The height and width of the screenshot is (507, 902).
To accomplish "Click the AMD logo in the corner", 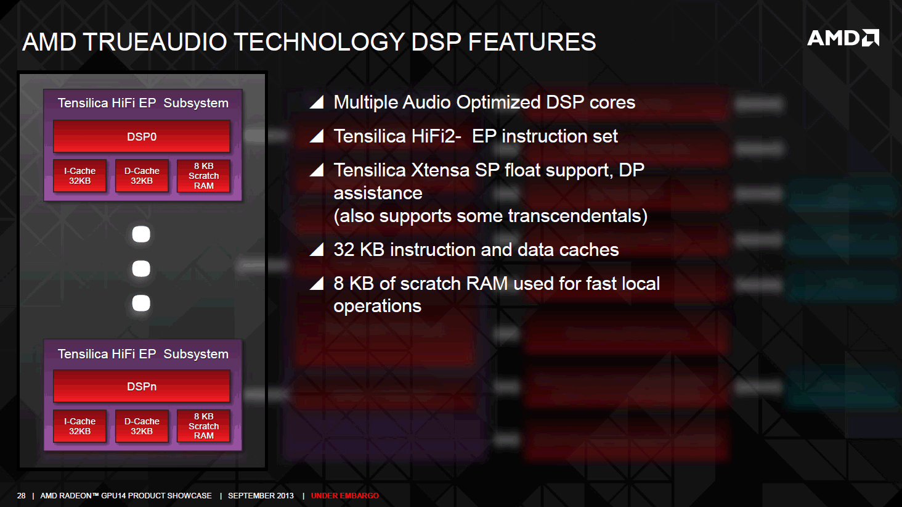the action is (x=843, y=38).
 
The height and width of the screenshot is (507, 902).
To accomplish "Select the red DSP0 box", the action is (x=142, y=136).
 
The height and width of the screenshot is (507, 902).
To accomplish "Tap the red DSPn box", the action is (x=142, y=386).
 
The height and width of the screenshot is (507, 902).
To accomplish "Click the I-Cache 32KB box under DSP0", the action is (x=79, y=176).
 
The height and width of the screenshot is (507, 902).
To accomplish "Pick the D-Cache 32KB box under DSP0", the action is (x=142, y=176).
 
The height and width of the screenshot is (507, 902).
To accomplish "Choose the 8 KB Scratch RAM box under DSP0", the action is (x=204, y=176).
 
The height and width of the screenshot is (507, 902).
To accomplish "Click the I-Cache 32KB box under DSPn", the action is (x=79, y=426).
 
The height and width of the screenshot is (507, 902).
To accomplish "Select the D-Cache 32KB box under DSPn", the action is (x=142, y=426).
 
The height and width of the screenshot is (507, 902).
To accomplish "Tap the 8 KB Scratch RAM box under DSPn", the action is (x=204, y=426).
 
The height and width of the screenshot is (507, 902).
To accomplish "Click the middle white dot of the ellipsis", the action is (x=141, y=269).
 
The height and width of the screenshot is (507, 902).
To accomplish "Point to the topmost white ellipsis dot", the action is (x=141, y=234).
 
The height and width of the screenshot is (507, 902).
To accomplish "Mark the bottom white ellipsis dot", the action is (x=141, y=303).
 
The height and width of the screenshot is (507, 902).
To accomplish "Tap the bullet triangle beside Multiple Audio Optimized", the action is (x=317, y=102).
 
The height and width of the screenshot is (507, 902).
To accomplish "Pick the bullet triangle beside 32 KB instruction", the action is (x=317, y=250).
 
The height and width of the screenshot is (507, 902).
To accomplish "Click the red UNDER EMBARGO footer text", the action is (x=345, y=496).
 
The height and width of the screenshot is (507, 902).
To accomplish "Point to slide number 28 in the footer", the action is (x=22, y=496).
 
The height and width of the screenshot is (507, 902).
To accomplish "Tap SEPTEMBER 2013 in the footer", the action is (x=261, y=496).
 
